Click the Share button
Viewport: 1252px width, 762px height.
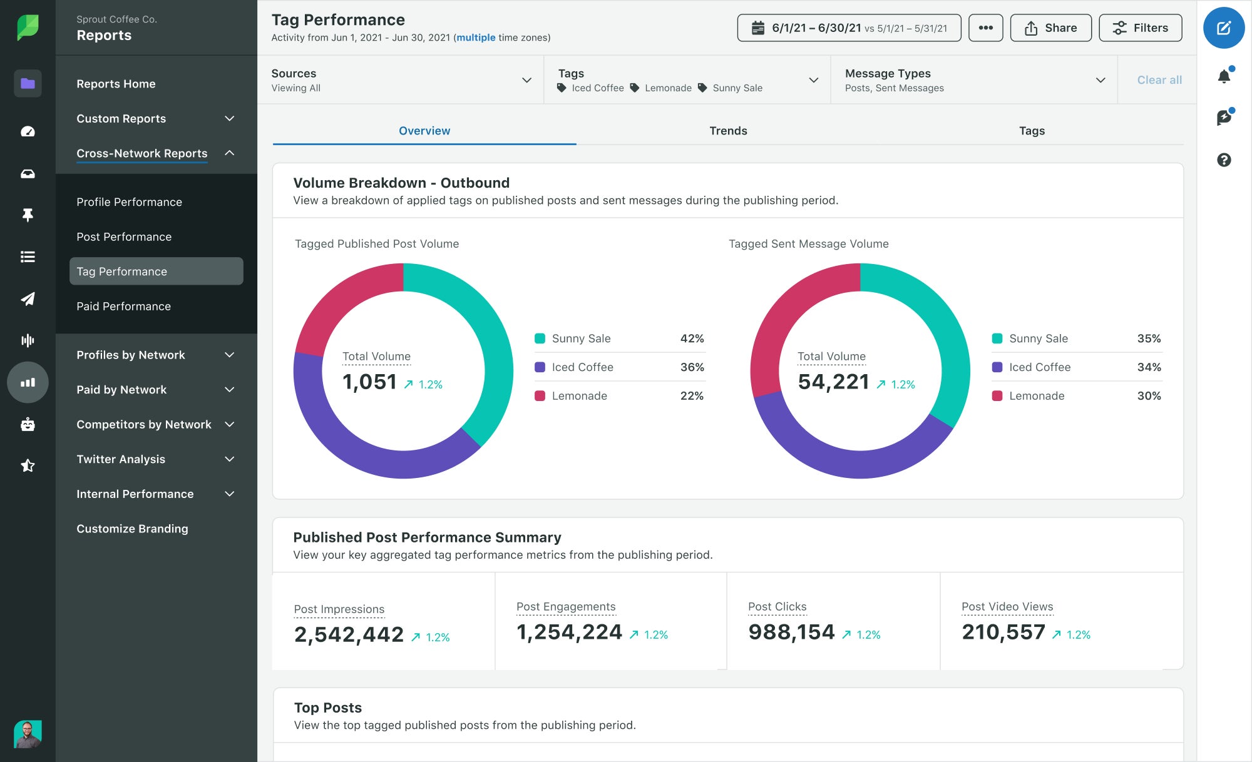point(1050,28)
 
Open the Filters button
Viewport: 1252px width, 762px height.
point(1140,28)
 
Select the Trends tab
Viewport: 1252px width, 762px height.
point(728,131)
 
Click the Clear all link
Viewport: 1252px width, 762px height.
point(1159,80)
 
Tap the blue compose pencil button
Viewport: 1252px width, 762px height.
point(1223,28)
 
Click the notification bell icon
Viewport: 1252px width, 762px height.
point(1224,76)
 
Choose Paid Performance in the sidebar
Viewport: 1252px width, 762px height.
point(123,307)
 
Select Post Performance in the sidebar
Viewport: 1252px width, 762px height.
point(124,237)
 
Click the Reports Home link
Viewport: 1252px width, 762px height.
point(116,84)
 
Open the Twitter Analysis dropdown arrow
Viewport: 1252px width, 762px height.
point(230,459)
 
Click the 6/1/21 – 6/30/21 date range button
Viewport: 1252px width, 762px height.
point(849,28)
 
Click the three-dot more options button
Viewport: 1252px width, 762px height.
point(985,28)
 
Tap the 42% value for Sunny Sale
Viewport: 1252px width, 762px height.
point(692,338)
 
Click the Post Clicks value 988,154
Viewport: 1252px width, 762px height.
point(791,632)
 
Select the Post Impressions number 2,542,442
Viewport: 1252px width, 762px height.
point(349,634)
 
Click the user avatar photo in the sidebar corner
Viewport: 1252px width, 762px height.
point(28,734)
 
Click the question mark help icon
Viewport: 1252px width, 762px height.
point(1224,160)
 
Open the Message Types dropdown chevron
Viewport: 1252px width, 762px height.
point(1101,80)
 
